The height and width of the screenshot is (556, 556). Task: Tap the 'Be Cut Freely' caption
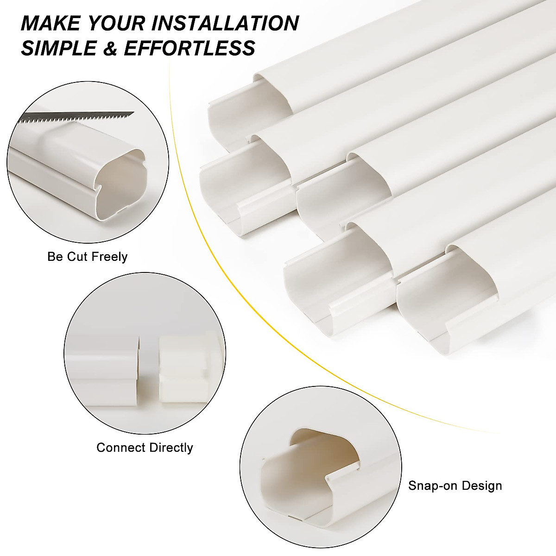coord(87,257)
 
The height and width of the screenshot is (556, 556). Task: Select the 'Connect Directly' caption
coord(145,448)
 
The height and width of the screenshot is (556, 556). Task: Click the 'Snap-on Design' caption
coord(455,486)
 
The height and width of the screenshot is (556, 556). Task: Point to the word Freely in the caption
coord(111,257)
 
